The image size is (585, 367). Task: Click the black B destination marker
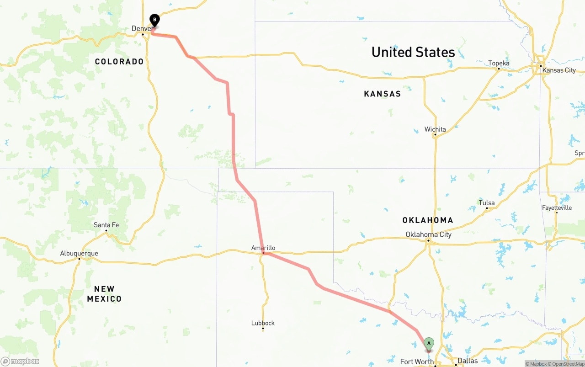[x=154, y=20]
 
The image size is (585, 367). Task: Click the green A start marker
[x=429, y=344]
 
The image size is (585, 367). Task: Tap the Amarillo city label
[x=263, y=248]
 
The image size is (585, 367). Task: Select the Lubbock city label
[x=263, y=323]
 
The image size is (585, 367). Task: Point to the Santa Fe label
[x=106, y=225]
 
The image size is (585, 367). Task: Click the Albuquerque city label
[x=79, y=254]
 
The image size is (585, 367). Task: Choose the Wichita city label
[x=435, y=129]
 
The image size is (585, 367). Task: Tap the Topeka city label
[x=499, y=64]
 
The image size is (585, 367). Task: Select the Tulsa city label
[x=487, y=203]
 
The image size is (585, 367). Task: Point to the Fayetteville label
[x=557, y=208]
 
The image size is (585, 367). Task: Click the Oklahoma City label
[x=428, y=235]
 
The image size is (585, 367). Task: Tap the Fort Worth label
[x=417, y=362]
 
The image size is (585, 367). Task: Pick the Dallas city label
[x=468, y=361]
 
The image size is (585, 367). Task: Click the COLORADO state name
[x=119, y=62]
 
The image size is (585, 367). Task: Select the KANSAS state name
[x=382, y=94]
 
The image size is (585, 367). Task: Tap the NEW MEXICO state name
[x=104, y=294]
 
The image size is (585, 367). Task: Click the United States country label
[x=413, y=52]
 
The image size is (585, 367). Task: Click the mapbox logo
[x=20, y=362]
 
